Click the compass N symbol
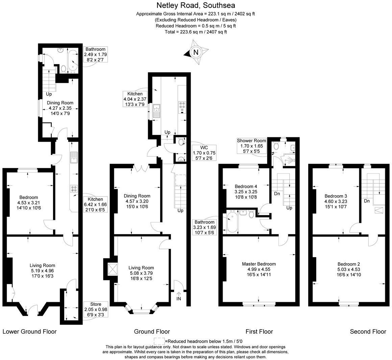click(195, 52)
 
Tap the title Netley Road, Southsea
click(196, 5)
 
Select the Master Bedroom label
click(259, 264)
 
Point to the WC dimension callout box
click(204, 153)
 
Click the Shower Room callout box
click(251, 146)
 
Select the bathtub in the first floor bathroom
click(232, 222)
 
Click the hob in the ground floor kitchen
click(182, 107)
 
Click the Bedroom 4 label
click(246, 186)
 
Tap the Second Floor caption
click(368, 332)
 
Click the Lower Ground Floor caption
click(30, 332)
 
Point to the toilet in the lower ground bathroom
click(63, 69)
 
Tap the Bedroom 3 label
click(336, 196)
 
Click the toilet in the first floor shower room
click(276, 146)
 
